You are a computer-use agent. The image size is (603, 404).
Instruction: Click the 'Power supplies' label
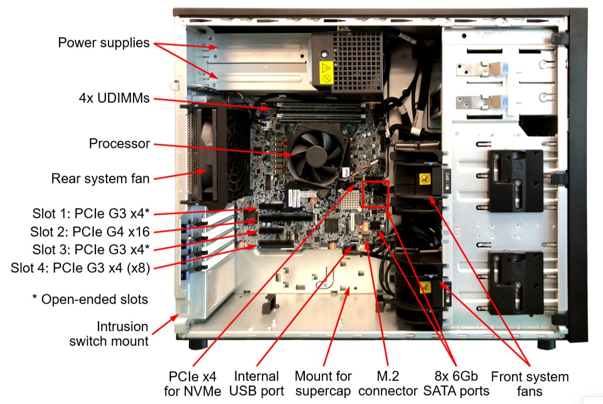[103, 42]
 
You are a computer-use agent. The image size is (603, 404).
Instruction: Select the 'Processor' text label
[119, 143]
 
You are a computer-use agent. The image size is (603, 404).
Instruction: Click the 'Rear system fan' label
[100, 179]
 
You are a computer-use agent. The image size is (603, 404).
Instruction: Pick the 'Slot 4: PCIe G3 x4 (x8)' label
[80, 269]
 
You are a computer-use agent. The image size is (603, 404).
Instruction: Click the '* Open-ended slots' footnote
[90, 299]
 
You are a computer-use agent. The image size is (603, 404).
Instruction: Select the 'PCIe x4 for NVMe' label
[193, 383]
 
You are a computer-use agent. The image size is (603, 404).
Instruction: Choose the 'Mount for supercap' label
[323, 383]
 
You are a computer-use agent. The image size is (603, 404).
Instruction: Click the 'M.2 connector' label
[388, 383]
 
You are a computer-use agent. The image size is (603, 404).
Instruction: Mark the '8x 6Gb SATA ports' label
[456, 383]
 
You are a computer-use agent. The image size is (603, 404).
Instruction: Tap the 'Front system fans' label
[530, 383]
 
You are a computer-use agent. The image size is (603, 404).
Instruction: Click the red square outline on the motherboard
[375, 194]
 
